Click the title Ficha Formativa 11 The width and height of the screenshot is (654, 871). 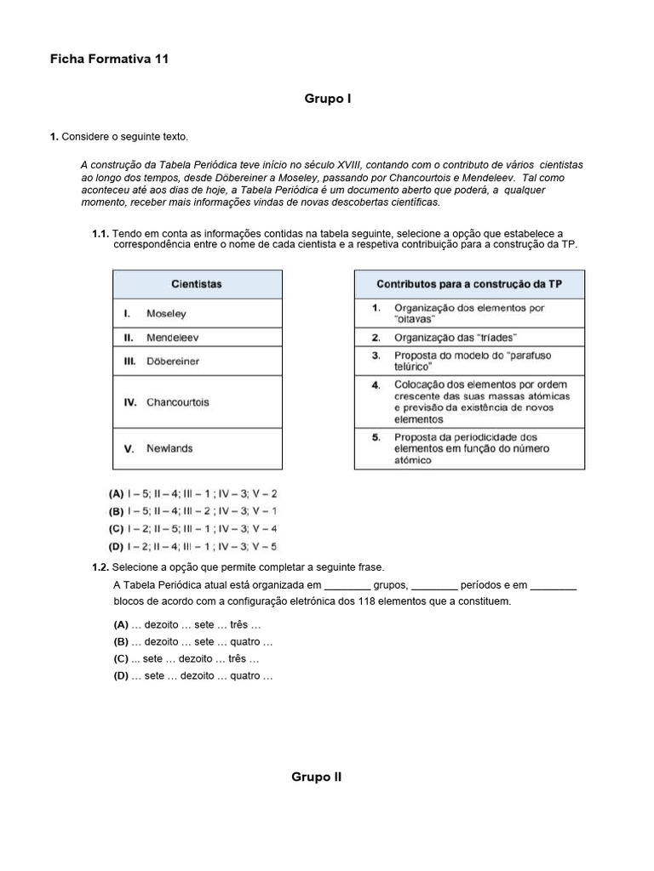click(109, 59)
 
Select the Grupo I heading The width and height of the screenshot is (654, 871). click(328, 99)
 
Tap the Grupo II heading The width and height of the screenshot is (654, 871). click(316, 777)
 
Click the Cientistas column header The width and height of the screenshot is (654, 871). click(197, 284)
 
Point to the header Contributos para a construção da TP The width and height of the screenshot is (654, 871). click(469, 284)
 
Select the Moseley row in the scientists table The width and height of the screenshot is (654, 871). click(197, 313)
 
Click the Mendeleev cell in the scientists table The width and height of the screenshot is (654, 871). click(197, 337)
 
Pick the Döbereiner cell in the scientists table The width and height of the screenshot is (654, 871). click(197, 361)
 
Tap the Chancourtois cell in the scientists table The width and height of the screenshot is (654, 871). click(197, 401)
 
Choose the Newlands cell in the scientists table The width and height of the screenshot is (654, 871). click(197, 448)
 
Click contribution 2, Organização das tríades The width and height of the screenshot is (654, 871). click(469, 337)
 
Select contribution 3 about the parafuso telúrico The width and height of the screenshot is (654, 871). click(469, 361)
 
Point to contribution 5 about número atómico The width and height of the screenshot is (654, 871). click(469, 448)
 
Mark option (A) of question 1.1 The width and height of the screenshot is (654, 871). click(192, 492)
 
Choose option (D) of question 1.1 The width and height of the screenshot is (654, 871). click(192, 547)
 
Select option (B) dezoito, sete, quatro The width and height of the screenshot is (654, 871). click(193, 642)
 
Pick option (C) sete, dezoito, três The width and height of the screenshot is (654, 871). click(186, 658)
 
